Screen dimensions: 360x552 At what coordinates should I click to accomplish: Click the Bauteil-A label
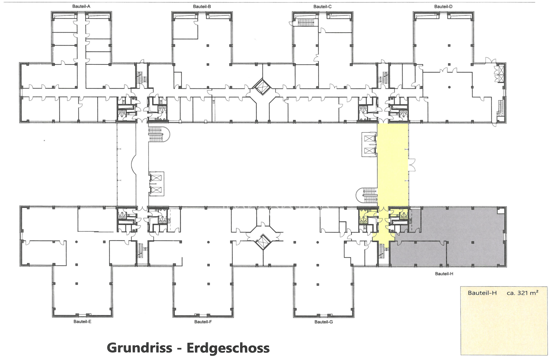(x=81, y=6)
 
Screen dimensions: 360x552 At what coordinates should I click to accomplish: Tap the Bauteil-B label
(x=202, y=6)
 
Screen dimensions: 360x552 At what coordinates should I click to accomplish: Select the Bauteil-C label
(x=322, y=6)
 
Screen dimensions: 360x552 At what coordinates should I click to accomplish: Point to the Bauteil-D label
(x=443, y=6)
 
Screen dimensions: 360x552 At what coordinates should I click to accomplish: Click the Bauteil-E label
(x=82, y=322)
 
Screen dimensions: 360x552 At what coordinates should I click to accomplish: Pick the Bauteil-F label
(x=203, y=322)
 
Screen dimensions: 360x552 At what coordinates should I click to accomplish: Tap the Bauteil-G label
(x=323, y=322)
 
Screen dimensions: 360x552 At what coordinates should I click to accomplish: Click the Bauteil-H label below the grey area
(x=444, y=274)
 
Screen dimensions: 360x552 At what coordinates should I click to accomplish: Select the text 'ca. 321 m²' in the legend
(x=522, y=293)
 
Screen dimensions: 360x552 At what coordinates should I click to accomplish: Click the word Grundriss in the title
(x=139, y=348)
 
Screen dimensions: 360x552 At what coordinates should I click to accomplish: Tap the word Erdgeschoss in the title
(x=228, y=348)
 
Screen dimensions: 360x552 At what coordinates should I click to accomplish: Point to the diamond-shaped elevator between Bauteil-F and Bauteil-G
(x=263, y=242)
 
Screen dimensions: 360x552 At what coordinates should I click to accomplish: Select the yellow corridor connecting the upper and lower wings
(x=392, y=167)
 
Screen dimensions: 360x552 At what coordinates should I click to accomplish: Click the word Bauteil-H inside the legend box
(x=482, y=293)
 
